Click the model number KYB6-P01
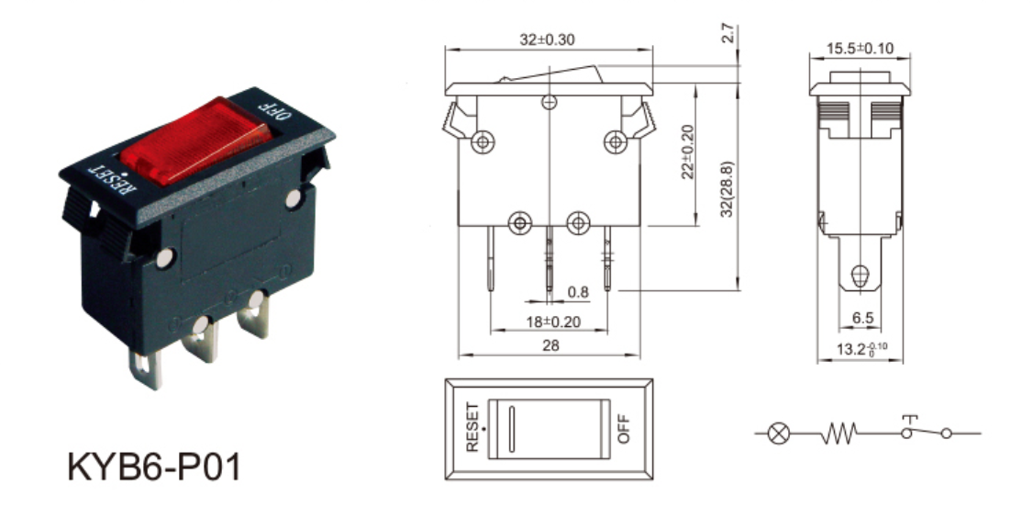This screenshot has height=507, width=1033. pos(155,467)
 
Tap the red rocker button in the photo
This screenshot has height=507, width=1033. pos(195,140)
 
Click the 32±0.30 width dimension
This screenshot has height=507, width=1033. pos(547,39)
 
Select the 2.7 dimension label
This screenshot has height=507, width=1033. pos(728,34)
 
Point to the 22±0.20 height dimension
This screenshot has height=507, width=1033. pos(688,152)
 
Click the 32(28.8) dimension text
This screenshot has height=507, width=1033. pos(728,189)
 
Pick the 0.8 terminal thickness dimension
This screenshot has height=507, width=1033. pos(578,291)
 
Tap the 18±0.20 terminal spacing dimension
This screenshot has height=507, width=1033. pos(554,321)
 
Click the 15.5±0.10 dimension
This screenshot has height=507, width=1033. pos(860,48)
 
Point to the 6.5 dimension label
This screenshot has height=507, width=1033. pos(862,318)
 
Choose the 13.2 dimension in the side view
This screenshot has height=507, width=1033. pos(861,349)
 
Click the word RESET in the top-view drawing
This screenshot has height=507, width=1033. pos(472,426)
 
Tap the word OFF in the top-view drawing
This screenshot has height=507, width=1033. pos(623,428)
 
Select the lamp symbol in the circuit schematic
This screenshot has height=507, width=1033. pos(779,434)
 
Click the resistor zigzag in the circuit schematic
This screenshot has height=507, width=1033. pos(839,434)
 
